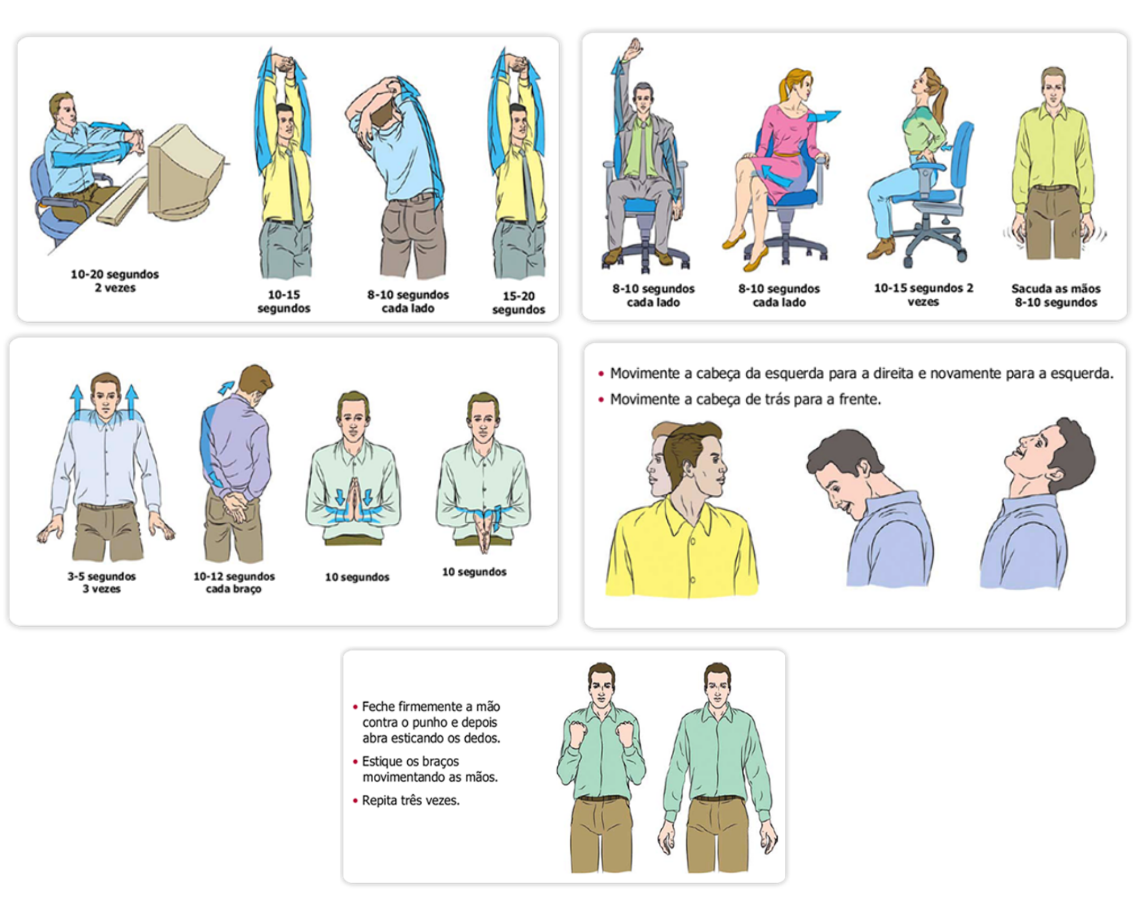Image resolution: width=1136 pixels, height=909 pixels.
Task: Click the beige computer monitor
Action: click(185, 170)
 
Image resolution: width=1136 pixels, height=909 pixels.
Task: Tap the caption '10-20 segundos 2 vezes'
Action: click(115, 281)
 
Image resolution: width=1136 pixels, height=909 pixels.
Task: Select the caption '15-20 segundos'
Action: click(519, 303)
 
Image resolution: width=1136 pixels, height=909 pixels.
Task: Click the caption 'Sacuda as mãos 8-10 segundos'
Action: click(1056, 295)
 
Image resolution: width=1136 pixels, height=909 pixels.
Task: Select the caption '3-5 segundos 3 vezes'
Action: click(102, 582)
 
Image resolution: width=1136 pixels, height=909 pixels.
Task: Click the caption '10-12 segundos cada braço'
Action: click(234, 582)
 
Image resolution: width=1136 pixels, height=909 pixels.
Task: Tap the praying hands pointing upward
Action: click(353, 500)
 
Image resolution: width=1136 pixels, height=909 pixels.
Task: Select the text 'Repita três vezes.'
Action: click(411, 800)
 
